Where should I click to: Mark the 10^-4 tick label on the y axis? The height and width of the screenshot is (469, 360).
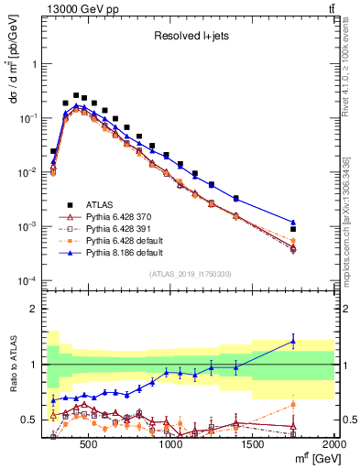(27, 280)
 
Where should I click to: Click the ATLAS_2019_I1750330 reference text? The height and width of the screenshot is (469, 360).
(189, 274)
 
